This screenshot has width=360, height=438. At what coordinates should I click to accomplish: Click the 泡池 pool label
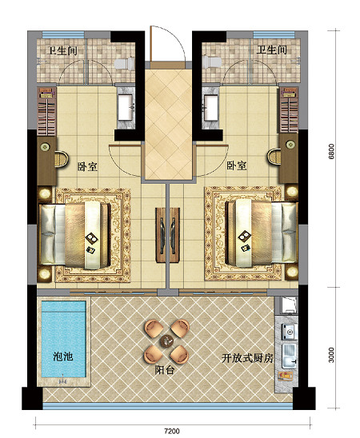(x=63, y=356)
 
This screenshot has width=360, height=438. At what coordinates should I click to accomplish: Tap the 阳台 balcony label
(x=165, y=370)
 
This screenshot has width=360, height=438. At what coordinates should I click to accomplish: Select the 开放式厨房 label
(x=247, y=358)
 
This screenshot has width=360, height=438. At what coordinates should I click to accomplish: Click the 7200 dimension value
(x=172, y=432)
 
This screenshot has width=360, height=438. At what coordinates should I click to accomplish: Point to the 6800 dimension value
(x=331, y=151)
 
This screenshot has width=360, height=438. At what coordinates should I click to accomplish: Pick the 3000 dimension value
(x=331, y=355)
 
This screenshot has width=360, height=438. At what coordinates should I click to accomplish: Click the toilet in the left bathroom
(x=125, y=64)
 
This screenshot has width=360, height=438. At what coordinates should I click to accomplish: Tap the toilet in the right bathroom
(x=212, y=62)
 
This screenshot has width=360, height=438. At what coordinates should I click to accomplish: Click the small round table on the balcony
(x=166, y=340)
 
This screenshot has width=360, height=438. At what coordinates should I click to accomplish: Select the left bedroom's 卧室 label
(x=87, y=167)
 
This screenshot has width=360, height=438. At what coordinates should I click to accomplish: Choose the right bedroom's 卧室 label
(x=237, y=165)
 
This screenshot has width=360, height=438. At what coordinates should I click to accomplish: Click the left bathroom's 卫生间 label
(x=62, y=51)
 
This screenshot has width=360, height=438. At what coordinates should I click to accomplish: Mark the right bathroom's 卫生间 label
(x=272, y=50)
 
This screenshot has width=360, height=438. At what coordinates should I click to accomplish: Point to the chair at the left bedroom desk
(x=62, y=159)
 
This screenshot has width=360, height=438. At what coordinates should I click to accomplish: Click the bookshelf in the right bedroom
(x=289, y=110)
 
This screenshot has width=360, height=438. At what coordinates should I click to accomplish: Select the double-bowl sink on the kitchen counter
(x=289, y=356)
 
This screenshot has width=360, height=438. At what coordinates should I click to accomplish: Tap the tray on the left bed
(x=91, y=237)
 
